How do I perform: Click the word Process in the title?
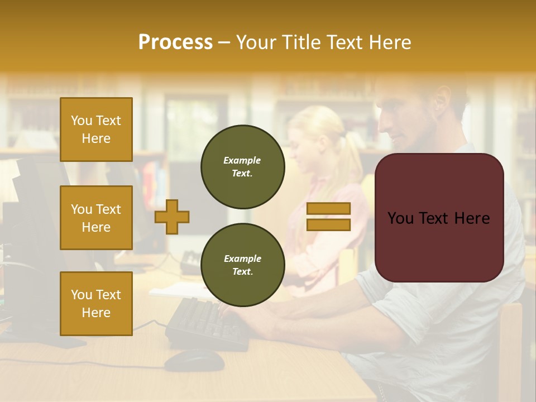pyautogui.click(x=175, y=42)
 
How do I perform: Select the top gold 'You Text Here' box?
pyautogui.click(x=96, y=130)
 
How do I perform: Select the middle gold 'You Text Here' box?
pyautogui.click(x=96, y=218)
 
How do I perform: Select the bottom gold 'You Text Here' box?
pyautogui.click(x=96, y=303)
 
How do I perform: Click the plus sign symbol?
pyautogui.click(x=172, y=217)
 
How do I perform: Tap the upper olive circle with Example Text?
pyautogui.click(x=242, y=167)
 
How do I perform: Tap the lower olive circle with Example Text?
pyautogui.click(x=242, y=265)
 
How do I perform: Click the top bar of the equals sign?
pyautogui.click(x=328, y=209)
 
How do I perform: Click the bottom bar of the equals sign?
pyautogui.click(x=328, y=225)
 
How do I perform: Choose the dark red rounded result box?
pyautogui.click(x=439, y=218)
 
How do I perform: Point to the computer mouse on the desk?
pyautogui.click(x=194, y=360)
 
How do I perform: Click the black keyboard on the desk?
pyautogui.click(x=207, y=324)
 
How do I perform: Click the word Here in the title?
pyautogui.click(x=389, y=42)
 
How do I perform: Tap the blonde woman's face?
pyautogui.click(x=304, y=148)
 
